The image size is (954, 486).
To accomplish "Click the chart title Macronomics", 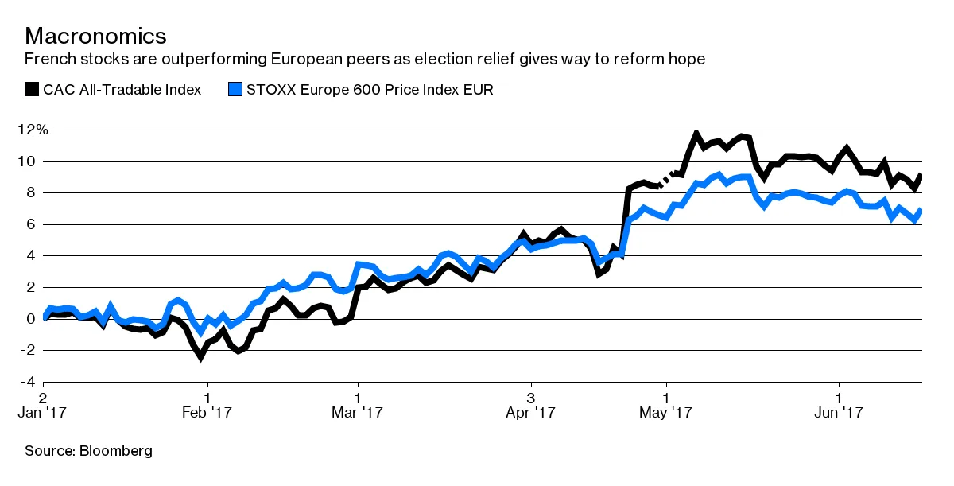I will (95, 36).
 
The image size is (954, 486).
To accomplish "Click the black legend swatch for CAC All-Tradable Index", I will (31, 89).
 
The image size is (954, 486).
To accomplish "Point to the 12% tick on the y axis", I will (33, 130).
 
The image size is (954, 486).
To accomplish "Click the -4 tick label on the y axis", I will (29, 382).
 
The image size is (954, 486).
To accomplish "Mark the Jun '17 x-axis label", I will (840, 413).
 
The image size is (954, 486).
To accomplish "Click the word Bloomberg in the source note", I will (116, 451).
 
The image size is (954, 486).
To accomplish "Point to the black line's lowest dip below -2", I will (200, 357).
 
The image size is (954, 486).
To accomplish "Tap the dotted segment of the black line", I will (666, 179).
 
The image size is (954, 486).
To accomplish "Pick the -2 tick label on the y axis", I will (29, 350).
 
